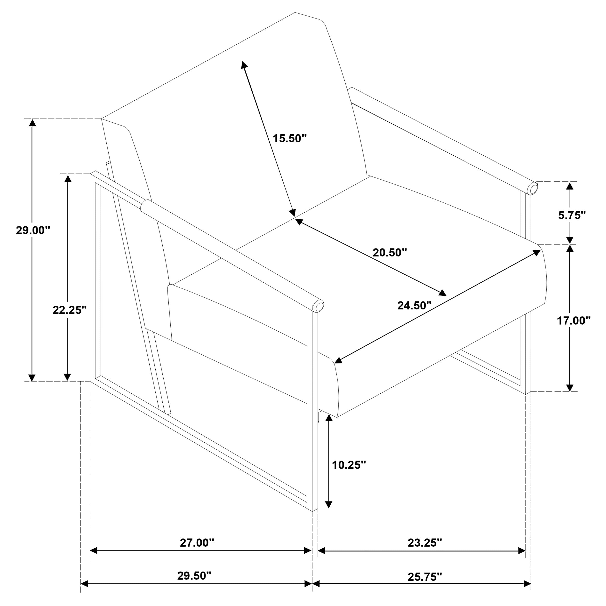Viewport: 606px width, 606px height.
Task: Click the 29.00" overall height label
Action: point(33,231)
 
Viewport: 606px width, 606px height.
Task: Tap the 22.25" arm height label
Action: point(69,310)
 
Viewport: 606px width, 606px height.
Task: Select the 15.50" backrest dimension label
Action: point(289,138)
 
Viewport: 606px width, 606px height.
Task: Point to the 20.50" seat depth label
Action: point(390,253)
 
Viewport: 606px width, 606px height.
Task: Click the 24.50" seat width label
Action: point(414,305)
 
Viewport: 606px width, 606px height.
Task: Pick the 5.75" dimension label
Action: point(572,215)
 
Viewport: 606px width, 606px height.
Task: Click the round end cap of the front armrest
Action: point(319,306)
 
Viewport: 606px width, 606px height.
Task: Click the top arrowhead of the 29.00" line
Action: point(32,123)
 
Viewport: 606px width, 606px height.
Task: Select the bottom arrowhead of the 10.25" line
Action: point(328,513)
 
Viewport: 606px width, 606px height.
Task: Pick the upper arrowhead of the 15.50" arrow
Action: point(244,65)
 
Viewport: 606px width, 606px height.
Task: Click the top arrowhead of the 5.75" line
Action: point(570,186)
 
